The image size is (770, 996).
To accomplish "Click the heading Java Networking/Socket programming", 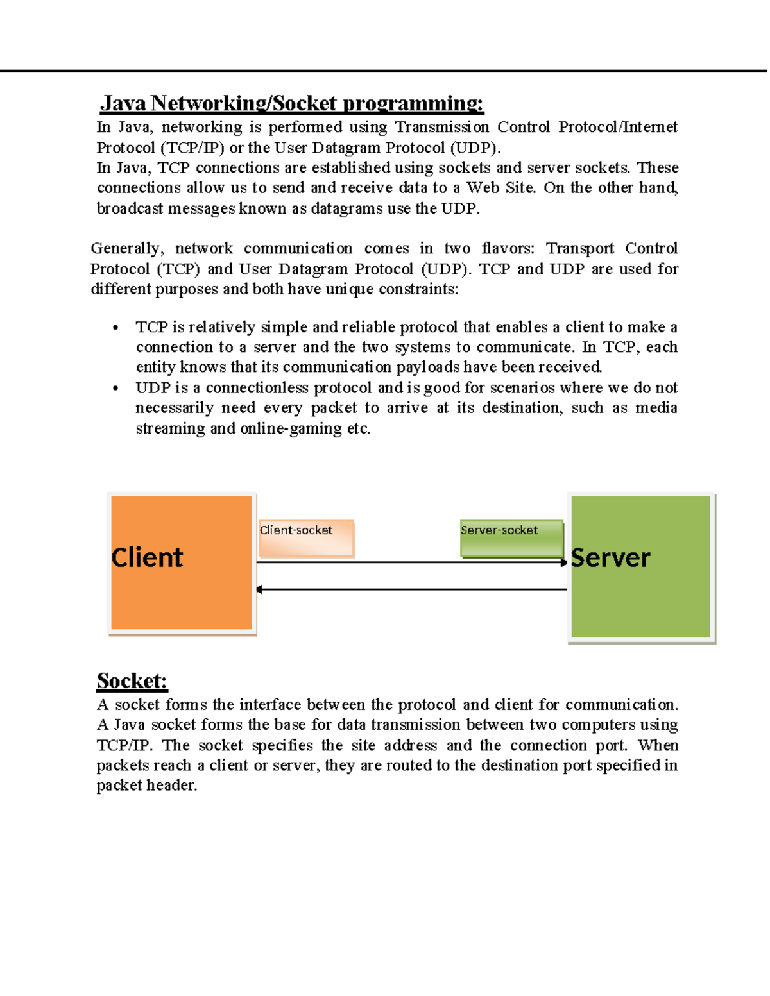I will coord(291,103).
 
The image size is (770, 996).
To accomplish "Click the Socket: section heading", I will coord(132,680).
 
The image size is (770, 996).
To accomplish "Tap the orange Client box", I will coord(182,563).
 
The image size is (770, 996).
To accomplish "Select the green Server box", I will coord(641,567).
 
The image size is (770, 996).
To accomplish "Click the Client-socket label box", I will coord(306,538).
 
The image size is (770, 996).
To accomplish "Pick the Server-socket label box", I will coord(511,538).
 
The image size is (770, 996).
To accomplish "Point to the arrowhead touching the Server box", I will coord(563,562).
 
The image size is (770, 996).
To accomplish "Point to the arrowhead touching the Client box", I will coord(259,589).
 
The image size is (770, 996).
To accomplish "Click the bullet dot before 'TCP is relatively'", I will coord(116,328).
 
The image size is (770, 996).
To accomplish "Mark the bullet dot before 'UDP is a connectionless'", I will coord(116,388).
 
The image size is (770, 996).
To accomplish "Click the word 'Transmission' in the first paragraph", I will coord(441,127).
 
